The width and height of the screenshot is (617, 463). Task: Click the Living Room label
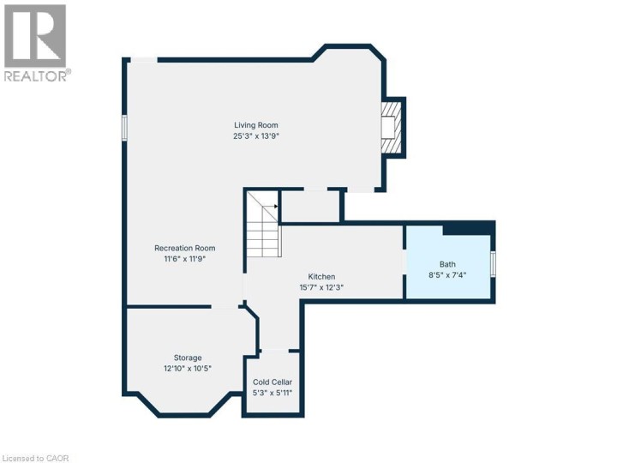tap(256, 125)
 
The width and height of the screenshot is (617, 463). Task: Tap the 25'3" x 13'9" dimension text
tap(256, 135)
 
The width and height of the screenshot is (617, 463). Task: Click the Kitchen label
tap(321, 277)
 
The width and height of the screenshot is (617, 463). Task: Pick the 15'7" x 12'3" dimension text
tap(321, 287)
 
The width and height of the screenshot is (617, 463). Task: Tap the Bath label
tap(448, 264)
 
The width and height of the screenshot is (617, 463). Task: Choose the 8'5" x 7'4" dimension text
tap(448, 274)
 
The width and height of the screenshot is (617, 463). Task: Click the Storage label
tap(188, 358)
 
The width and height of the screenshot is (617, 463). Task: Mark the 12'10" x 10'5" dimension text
tap(188, 368)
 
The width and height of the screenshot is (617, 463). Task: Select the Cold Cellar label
tap(273, 382)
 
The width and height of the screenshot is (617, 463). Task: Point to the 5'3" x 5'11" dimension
tap(273, 393)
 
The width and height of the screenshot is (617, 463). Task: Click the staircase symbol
tap(262, 225)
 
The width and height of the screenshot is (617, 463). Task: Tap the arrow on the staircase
tap(273, 207)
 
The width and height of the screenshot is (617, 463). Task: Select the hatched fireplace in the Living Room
tap(391, 129)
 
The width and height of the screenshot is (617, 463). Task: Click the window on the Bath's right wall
tap(493, 263)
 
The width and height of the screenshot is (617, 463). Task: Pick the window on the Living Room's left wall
tap(125, 128)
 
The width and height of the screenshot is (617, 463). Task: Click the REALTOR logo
tap(35, 43)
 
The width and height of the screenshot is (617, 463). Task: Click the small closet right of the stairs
tap(310, 206)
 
